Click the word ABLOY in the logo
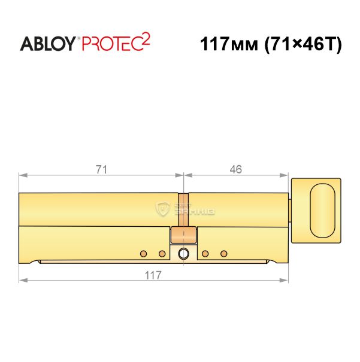tap(48, 44)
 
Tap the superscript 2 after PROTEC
tap(146, 39)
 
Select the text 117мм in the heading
tap(229, 44)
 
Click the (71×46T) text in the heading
tap(303, 44)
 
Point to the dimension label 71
tap(101, 170)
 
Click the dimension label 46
tap(235, 169)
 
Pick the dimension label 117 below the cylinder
tap(153, 275)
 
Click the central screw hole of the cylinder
tap(183, 254)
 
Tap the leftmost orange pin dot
tap(144, 254)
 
